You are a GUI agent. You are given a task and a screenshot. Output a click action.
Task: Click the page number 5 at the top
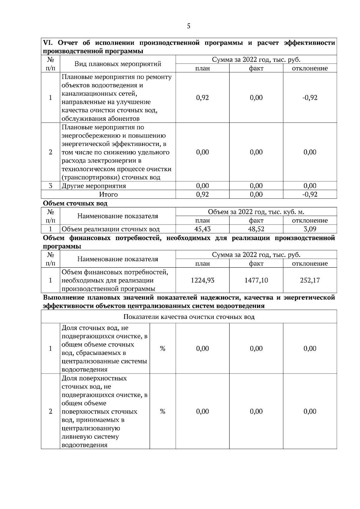tap(188, 26)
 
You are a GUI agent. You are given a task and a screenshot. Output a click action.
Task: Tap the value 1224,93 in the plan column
tap(202, 281)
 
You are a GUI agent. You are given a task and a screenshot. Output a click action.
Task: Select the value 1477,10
tap(256, 281)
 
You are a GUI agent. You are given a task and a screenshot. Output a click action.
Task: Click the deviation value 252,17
tap(310, 281)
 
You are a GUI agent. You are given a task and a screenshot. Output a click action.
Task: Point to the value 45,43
tap(202, 229)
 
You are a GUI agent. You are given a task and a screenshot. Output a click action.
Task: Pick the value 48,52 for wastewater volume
tap(256, 229)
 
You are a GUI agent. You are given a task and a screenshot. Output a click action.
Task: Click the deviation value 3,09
tap(310, 229)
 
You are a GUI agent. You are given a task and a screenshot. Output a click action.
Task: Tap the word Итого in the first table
tap(108, 195)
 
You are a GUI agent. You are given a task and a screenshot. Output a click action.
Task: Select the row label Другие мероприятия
tap(94, 186)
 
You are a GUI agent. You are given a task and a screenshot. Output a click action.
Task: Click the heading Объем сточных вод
tap(75, 203)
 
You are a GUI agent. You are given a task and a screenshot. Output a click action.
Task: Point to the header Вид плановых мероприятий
tap(118, 64)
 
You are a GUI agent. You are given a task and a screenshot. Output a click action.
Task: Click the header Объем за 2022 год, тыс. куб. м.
tap(256, 212)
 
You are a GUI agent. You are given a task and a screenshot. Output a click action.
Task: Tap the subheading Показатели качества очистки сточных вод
tap(189, 317)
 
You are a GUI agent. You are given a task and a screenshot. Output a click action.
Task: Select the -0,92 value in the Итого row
tap(310, 195)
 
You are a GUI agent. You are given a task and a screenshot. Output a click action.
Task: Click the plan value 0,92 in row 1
tap(202, 98)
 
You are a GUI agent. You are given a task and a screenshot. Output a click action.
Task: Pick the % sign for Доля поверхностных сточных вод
tap(163, 411)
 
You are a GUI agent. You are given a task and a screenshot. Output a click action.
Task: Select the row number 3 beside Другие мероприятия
tap(50, 186)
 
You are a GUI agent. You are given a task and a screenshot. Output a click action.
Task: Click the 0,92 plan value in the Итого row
tap(202, 195)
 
